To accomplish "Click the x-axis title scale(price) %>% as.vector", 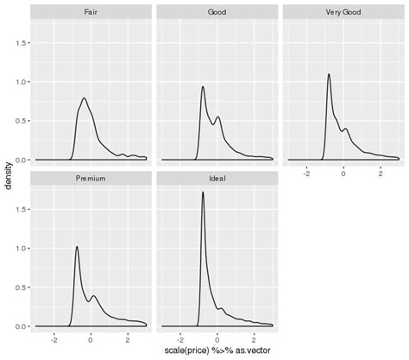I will pos(217,352).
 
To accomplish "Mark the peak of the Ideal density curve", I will pos(203,193).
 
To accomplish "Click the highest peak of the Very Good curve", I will pos(330,74).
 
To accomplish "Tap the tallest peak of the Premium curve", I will pos(77,247).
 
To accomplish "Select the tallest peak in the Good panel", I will pos(203,86).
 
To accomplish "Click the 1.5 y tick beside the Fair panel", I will pos(21,43).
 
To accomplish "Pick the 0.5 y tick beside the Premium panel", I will pos(21,287).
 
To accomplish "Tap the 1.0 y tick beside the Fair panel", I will pos(21,82).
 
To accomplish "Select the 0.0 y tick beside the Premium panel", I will pos(21,326).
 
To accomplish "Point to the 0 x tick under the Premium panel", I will pos(91,339).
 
